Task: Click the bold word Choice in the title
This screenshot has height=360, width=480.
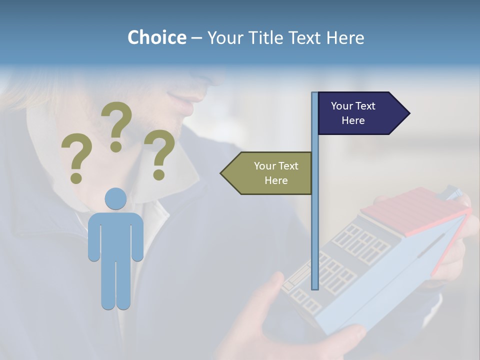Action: (156, 37)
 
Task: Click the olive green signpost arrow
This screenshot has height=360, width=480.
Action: (270, 173)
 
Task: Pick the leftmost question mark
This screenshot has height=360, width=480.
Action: (76, 158)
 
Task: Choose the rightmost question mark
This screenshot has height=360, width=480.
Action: (159, 154)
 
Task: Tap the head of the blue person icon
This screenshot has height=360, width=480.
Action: (115, 198)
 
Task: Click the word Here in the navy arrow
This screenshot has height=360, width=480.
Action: (353, 120)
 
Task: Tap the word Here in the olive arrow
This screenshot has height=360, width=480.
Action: (276, 180)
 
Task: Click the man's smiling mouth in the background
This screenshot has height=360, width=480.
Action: (185, 102)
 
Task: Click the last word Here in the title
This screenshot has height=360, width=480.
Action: (345, 37)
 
